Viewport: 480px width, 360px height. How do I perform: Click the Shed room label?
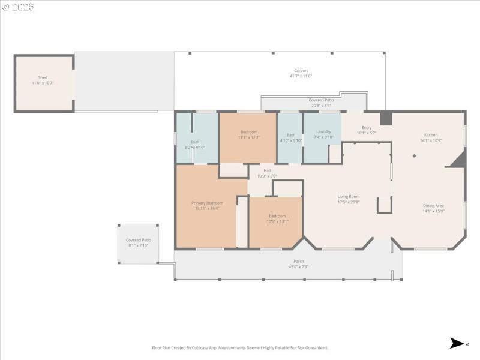(x=43, y=77)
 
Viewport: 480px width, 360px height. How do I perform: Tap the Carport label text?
(x=301, y=70)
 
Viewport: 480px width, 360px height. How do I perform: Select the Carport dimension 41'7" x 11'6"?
(x=301, y=76)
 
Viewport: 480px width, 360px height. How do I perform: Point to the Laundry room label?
(x=323, y=131)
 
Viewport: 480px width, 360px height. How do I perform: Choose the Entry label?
(x=367, y=127)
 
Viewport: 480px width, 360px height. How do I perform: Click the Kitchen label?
(x=431, y=135)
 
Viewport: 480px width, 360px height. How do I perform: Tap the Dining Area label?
(x=433, y=205)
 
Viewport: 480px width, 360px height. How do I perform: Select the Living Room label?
(x=348, y=196)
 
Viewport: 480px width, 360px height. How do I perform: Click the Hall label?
(x=267, y=170)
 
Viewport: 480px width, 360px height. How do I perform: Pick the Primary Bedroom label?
(x=207, y=203)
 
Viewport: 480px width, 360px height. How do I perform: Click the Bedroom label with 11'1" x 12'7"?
(x=248, y=132)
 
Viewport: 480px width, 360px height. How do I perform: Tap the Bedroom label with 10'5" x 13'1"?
(x=277, y=216)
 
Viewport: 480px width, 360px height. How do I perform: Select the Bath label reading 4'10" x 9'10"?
(x=291, y=135)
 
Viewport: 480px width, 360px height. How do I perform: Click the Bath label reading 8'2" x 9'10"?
(x=195, y=142)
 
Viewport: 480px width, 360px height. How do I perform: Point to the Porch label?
(x=298, y=261)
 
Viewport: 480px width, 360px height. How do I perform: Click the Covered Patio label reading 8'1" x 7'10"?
(x=139, y=240)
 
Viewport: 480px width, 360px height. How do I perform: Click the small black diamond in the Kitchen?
(x=414, y=156)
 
